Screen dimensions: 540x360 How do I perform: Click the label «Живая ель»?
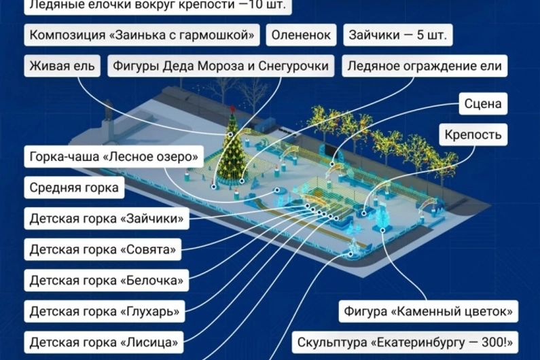(x=62, y=66)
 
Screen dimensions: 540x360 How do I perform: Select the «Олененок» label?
(x=301, y=35)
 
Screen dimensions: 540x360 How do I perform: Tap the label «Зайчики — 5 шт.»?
(x=398, y=35)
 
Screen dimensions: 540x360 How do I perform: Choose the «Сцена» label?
(x=483, y=103)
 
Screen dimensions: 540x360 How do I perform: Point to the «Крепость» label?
(x=473, y=134)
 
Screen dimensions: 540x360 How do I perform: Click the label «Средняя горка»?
(x=74, y=187)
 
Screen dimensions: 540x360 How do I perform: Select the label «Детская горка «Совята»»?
(x=103, y=249)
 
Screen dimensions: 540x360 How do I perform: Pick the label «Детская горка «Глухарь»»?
(x=105, y=311)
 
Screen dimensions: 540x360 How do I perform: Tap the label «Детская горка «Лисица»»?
(x=104, y=342)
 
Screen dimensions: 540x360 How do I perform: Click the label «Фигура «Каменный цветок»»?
(x=428, y=311)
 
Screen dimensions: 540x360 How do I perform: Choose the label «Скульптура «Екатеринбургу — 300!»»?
(x=405, y=342)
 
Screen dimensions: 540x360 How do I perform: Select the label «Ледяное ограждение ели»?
(x=425, y=66)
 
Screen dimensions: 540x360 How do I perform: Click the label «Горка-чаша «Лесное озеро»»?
(x=113, y=156)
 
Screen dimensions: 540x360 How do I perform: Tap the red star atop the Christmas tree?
(x=232, y=109)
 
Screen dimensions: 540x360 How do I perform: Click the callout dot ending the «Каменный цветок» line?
(x=382, y=230)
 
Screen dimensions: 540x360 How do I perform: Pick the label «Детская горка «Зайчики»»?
(x=107, y=219)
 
